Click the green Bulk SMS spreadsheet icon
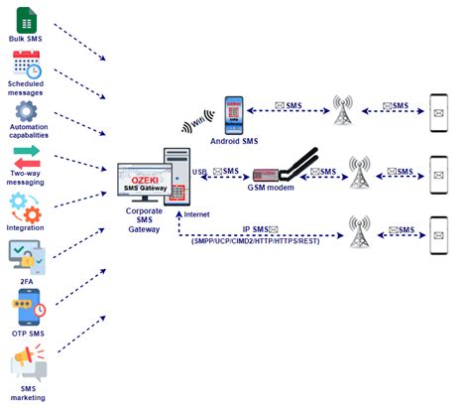(x=26, y=20)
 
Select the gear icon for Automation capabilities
(x=26, y=111)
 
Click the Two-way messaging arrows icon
(x=26, y=157)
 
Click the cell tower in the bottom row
(x=358, y=232)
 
